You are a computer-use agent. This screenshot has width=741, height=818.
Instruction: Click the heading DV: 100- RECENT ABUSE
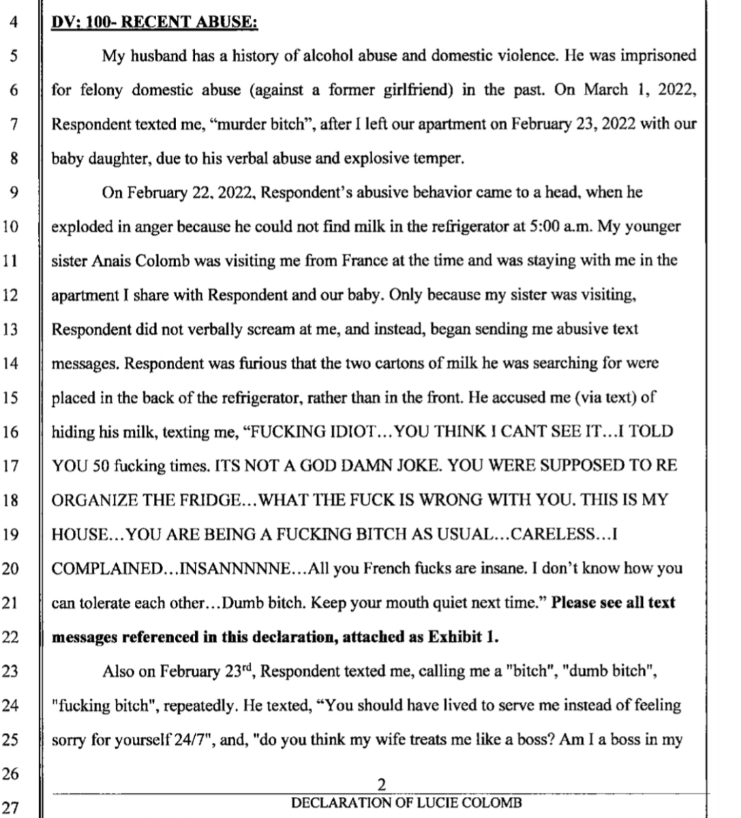[155, 21]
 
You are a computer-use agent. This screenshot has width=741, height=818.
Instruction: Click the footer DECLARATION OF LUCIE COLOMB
[406, 803]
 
